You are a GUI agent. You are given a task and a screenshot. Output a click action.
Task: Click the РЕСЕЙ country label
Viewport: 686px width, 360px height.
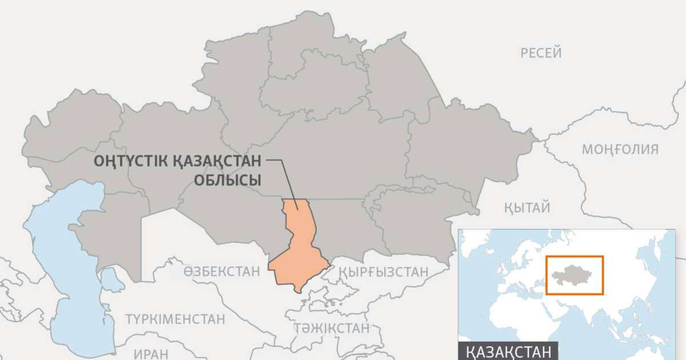coord(541,53)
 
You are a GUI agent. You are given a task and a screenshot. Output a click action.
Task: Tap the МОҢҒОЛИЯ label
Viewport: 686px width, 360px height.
coord(620,150)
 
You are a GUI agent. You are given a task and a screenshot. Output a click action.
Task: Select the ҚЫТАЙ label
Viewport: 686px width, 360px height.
coord(527,207)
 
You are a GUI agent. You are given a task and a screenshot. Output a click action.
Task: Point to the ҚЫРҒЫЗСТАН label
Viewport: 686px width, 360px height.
coord(382,272)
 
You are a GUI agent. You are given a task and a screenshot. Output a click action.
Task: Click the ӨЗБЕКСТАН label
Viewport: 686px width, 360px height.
coord(221,272)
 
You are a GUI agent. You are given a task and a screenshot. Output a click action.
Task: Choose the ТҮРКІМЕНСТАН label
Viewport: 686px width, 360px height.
coord(176,319)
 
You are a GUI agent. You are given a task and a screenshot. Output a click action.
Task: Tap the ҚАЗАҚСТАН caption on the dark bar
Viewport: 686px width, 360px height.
coord(508,351)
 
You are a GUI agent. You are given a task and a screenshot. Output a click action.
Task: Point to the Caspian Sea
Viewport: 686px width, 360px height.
coord(63,269)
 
